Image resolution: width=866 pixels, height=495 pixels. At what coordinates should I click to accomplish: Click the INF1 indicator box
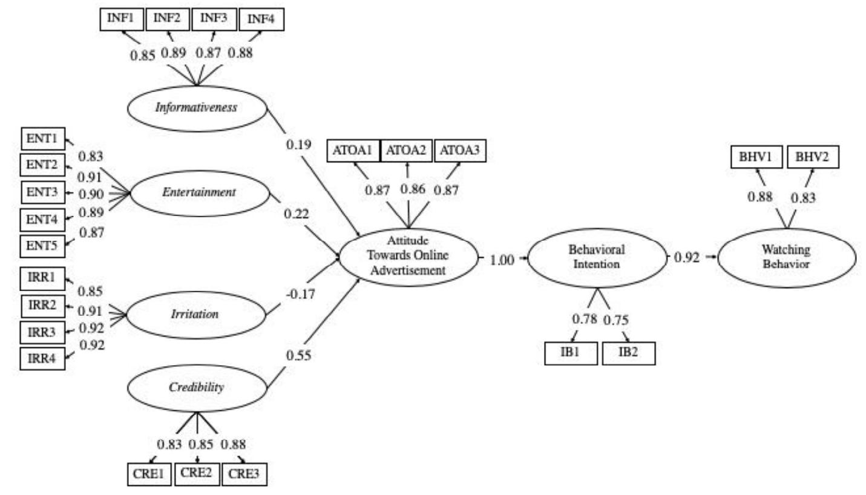[x=121, y=19]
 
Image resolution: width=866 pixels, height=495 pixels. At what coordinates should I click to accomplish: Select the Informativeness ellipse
[x=197, y=108]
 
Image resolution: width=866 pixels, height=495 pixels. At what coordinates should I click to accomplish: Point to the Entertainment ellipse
[x=199, y=193]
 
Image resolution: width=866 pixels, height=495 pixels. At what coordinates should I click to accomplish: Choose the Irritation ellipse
[x=197, y=315]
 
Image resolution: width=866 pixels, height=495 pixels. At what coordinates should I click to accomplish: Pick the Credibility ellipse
[x=197, y=387]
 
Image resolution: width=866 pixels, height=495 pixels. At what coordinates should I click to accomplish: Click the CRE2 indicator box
[x=197, y=474]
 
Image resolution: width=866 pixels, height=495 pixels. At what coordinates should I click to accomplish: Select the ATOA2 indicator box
[x=406, y=151]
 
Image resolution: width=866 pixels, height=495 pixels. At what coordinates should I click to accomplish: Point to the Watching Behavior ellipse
[x=787, y=257]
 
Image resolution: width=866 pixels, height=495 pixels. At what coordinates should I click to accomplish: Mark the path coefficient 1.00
[x=502, y=260]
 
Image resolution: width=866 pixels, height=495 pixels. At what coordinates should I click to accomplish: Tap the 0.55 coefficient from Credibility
[x=298, y=355]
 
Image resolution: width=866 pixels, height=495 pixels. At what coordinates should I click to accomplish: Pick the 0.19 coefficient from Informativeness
[x=298, y=144]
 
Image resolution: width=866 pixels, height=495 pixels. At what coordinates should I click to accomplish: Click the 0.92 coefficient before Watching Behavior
[x=687, y=258]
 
